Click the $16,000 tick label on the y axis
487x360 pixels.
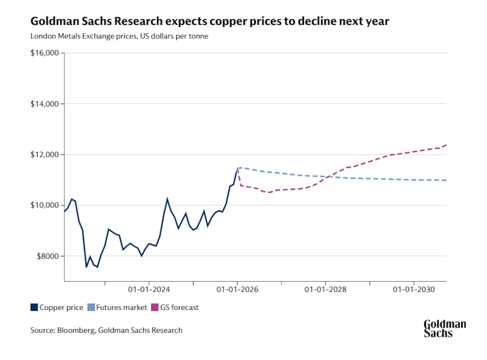[44, 53]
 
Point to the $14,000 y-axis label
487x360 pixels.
[44, 104]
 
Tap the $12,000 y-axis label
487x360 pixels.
[44, 154]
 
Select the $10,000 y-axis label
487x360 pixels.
[44, 205]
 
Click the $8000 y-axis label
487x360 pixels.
[46, 256]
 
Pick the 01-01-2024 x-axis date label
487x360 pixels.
[149, 289]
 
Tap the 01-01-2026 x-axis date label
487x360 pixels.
[237, 289]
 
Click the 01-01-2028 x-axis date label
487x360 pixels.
[325, 289]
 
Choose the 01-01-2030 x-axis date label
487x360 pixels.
[413, 289]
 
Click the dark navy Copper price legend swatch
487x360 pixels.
[34, 307]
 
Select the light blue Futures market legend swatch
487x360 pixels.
[91, 307]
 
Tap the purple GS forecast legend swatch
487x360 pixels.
[155, 307]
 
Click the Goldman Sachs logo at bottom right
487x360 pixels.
[444, 329]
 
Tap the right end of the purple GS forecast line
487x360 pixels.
[447, 145]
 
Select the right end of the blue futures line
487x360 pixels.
[447, 180]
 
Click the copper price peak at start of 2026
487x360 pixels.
[237, 168]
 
